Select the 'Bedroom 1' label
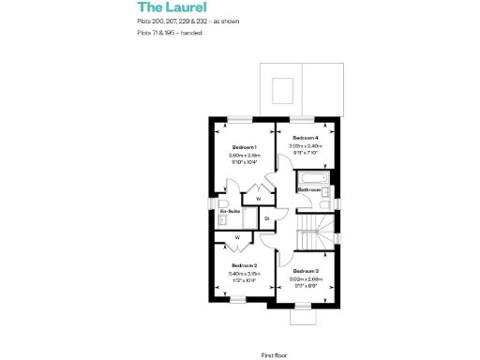click(245, 147)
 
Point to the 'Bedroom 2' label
click(244, 265)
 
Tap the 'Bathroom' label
click(309, 189)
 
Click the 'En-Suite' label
click(229, 212)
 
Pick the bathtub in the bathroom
click(310, 178)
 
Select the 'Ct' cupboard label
click(267, 218)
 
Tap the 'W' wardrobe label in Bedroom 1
click(257, 199)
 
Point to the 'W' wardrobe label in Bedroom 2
click(237, 237)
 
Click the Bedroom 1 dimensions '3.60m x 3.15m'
click(245, 155)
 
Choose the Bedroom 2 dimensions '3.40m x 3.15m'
click(244, 273)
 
